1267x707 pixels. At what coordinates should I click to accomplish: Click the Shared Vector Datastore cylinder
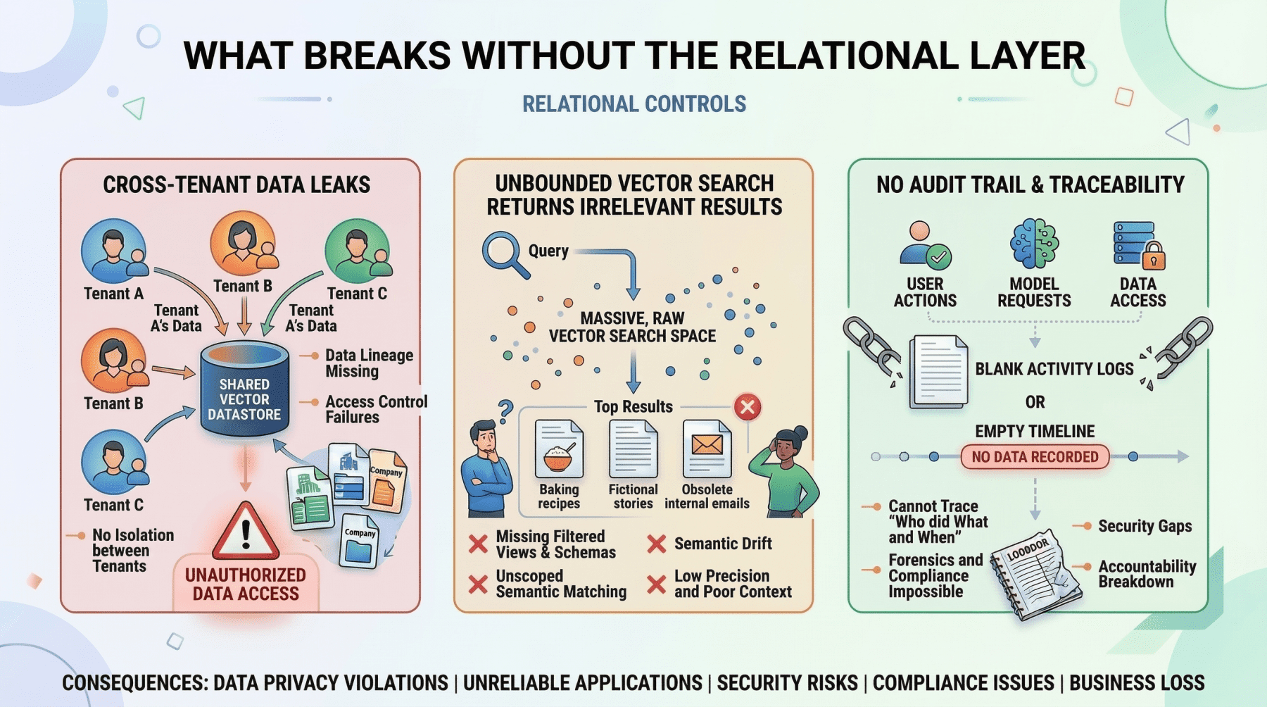[x=244, y=391]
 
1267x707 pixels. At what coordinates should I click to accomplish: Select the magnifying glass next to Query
[x=503, y=254]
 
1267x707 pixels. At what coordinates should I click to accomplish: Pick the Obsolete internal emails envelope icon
[x=707, y=448]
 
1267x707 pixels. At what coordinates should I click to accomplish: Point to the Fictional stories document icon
[x=633, y=449]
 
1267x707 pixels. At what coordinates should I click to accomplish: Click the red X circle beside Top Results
[x=748, y=407]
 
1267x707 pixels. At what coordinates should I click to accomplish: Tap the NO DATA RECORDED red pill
[x=1034, y=457]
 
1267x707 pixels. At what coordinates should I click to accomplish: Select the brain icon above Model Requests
[x=1034, y=244]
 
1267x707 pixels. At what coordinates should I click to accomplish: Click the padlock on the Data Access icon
[x=1153, y=256]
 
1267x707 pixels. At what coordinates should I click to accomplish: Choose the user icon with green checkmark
[x=925, y=244]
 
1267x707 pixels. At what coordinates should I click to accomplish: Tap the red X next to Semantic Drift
[x=656, y=544]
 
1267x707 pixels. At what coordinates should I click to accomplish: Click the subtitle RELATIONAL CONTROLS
[x=633, y=104]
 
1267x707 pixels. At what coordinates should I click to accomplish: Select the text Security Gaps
[x=1145, y=526]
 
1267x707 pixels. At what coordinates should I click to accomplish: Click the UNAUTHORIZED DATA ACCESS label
[x=246, y=584]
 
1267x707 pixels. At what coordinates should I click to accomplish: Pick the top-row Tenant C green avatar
[x=357, y=251]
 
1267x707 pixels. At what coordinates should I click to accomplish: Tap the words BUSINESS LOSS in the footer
[x=1137, y=682]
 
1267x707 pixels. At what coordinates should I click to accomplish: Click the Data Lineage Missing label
[x=368, y=363]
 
